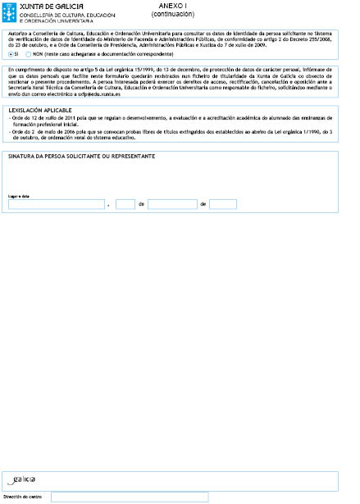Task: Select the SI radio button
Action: (11, 53)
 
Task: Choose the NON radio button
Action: (29, 53)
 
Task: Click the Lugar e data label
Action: (19, 196)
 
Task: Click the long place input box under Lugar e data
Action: (57, 204)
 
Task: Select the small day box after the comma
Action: (125, 204)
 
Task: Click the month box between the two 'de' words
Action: (172, 204)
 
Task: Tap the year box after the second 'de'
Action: (222, 204)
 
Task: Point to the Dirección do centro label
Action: (23, 497)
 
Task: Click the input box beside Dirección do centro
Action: (130, 497)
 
